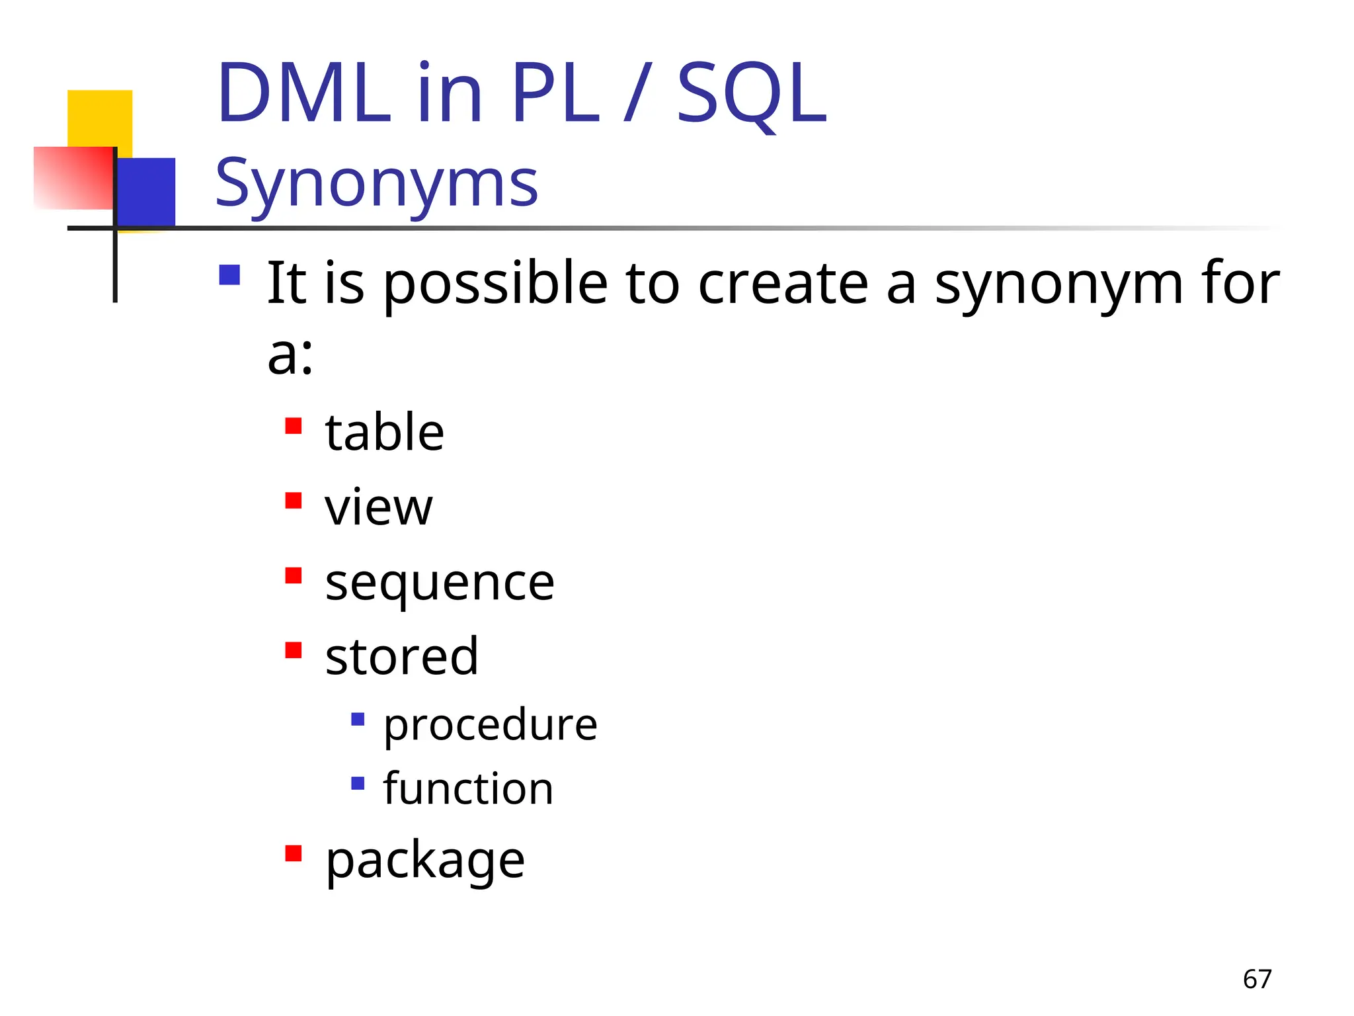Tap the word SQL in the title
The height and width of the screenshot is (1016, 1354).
751,95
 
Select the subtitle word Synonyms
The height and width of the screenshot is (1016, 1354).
376,183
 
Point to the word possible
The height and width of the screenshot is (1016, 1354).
495,284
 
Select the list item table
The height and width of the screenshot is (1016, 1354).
384,433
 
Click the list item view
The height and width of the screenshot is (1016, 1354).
378,507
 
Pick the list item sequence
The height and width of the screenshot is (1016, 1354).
440,583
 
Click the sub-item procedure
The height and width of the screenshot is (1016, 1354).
490,725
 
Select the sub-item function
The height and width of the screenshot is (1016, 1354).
468,789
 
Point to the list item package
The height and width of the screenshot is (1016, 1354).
425,861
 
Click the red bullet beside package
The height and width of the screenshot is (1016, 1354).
294,853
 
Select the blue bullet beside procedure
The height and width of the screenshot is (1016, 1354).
358,719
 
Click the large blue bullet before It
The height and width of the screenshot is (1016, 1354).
229,275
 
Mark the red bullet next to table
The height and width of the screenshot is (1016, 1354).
294,425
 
